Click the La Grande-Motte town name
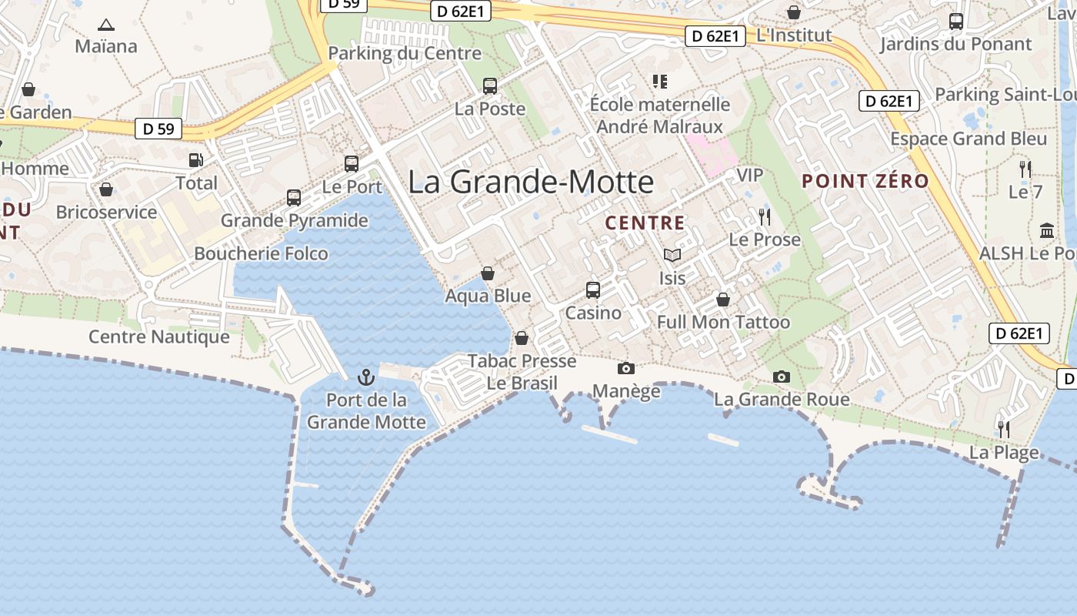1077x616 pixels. coord(531,182)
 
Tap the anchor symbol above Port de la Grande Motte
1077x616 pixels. coord(366,377)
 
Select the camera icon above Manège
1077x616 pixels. coord(626,368)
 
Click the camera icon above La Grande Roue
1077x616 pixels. coord(782,377)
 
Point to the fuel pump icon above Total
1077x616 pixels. coord(196,160)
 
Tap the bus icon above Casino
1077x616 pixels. coord(593,290)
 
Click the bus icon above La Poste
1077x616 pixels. coord(490,85)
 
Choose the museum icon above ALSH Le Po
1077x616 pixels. coord(1047,230)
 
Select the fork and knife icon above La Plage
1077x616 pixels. coord(1004,429)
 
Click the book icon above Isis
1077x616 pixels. coord(672,255)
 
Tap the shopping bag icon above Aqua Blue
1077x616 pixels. coord(487,273)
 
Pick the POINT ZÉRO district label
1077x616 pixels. coord(865,182)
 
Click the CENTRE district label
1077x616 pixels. coord(645,223)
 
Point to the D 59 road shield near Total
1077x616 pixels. coord(158,129)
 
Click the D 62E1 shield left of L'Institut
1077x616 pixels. coord(715,35)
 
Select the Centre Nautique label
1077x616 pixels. coord(159,336)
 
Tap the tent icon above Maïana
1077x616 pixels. coord(106,25)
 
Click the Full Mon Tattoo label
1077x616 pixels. coord(723,322)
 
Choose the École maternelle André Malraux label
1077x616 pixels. coord(660,115)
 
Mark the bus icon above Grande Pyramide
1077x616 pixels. coord(294,197)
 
